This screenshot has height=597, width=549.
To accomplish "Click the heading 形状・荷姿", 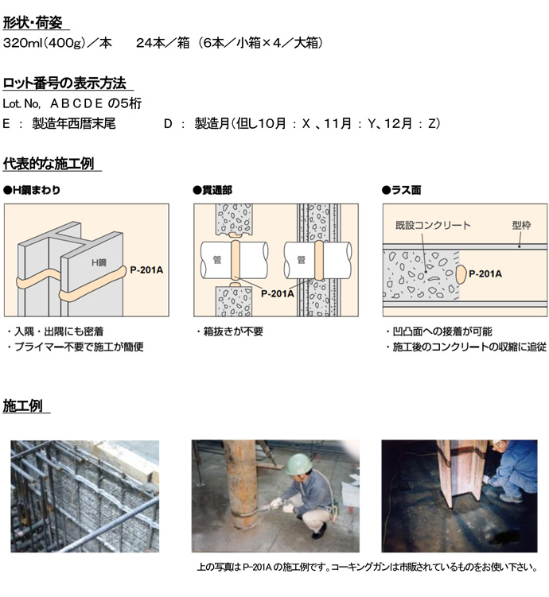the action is point(33,23).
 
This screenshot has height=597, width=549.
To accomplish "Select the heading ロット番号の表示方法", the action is point(64,83).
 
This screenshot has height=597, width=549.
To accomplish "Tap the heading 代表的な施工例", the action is point(49,164).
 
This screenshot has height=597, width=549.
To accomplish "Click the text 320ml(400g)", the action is point(44,43).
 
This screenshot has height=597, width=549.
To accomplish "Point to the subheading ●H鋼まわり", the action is point(32,190).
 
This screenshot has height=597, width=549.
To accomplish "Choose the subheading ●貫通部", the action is point(212,190).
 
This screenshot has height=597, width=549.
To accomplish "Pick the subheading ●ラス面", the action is point(402,190).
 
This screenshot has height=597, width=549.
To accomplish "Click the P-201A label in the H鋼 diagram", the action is point(146,270).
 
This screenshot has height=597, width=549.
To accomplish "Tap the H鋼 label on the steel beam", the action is point(99,262).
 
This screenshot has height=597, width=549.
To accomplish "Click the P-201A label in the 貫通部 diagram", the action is point(278,293).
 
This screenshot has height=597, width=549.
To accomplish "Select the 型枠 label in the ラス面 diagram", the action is point(521,225).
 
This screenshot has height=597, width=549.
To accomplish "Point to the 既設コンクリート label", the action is point(433,225).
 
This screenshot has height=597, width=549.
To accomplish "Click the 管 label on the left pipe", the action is point(216,260).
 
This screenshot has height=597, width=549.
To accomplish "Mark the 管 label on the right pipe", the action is point(301,260).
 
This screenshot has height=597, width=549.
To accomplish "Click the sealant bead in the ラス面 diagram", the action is point(460,274).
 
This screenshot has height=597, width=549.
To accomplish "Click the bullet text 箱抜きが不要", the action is point(230,331).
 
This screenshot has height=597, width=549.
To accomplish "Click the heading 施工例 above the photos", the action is point(22,406).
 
